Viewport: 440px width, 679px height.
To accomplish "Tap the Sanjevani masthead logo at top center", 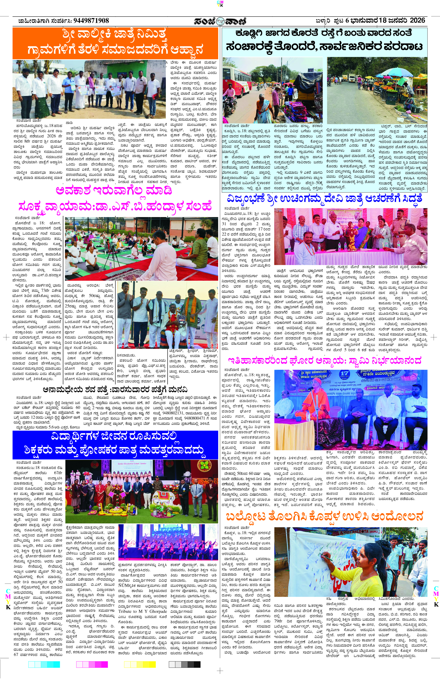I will (220, 21).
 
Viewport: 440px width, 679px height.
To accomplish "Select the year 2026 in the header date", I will (417, 20).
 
